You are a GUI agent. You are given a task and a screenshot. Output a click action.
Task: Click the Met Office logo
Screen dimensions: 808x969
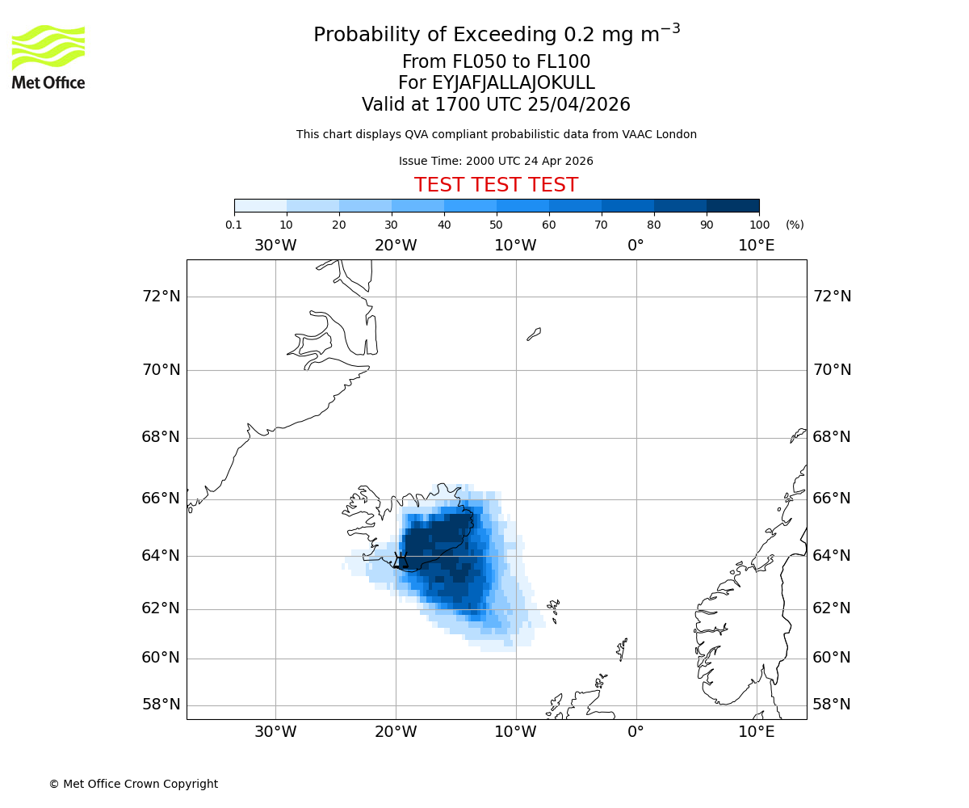coord(48,57)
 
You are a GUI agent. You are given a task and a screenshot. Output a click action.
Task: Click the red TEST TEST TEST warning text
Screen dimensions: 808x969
coord(496,185)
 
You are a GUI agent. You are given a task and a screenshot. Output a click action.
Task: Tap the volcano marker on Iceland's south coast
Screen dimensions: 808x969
coord(401,562)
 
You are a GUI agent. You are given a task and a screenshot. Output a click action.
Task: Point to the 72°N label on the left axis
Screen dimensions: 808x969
coord(161,297)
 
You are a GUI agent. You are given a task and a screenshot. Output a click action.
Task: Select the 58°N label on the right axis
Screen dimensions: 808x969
coord(832,705)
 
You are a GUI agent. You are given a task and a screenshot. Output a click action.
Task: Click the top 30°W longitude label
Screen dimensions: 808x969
coord(275,246)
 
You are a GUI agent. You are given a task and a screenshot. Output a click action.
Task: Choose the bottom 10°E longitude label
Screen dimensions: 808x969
coord(757,733)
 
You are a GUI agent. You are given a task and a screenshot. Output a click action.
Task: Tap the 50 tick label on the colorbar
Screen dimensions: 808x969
coord(497,225)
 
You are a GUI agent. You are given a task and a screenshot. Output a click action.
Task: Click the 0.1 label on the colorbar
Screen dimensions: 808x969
coord(234,225)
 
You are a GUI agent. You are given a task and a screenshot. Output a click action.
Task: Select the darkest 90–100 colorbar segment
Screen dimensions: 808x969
coord(732,205)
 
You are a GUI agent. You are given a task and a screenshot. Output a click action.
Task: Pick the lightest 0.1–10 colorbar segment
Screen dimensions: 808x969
coord(261,205)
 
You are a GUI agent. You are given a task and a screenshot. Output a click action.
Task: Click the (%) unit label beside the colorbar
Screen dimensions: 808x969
coord(795,225)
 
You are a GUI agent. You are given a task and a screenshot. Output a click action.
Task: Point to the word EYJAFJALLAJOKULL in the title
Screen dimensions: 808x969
coord(514,83)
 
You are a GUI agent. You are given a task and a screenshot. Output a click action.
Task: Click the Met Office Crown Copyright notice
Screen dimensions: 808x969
coord(133,785)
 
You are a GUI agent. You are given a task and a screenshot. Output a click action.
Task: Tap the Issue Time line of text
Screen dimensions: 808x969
coord(496,162)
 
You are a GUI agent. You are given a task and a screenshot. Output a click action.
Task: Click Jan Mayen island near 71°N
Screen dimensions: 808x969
coord(534,334)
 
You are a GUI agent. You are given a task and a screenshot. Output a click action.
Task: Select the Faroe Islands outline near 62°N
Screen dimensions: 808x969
coord(553,606)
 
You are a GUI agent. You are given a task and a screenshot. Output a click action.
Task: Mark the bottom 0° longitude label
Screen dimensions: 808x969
coord(636,733)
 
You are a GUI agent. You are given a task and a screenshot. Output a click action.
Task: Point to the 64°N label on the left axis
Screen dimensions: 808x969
coord(161,556)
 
